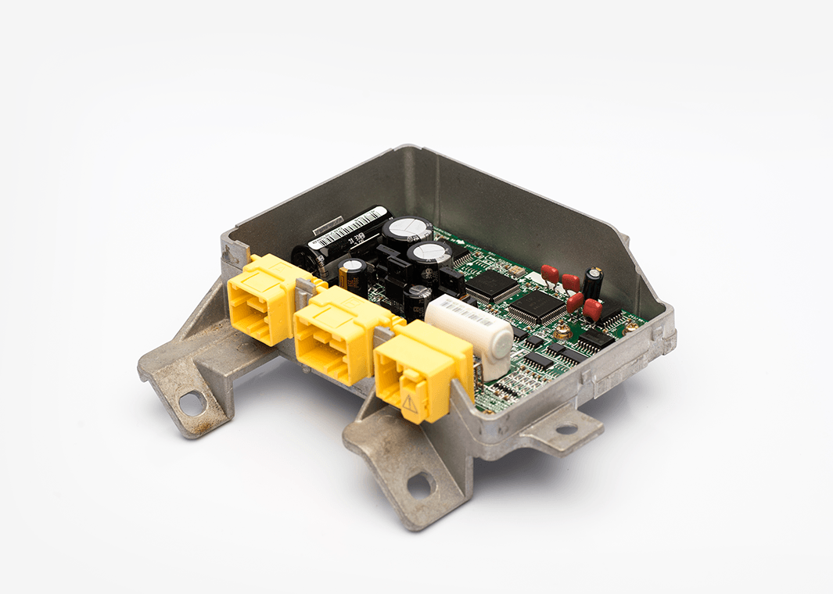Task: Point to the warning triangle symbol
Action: (410, 403)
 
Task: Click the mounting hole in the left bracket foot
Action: (191, 403)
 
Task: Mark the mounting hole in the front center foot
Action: (419, 485)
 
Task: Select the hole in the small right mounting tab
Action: (566, 428)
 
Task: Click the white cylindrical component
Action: (469, 332)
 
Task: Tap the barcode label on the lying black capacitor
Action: (350, 226)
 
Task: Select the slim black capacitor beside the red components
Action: (593, 283)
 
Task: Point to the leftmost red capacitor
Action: (550, 274)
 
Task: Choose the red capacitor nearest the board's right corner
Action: (592, 310)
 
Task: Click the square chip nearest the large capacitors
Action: (492, 286)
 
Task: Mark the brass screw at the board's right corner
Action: (630, 330)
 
